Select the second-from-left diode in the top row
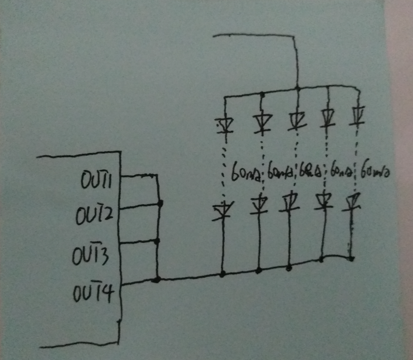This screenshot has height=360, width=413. pyautogui.click(x=261, y=122)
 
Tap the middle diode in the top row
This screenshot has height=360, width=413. pyautogui.click(x=296, y=120)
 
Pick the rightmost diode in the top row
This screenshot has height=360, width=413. pyautogui.click(x=357, y=116)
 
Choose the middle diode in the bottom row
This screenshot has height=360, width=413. pyautogui.click(x=288, y=203)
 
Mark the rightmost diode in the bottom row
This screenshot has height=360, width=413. pyautogui.click(x=352, y=201)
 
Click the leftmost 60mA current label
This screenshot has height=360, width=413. pyautogui.click(x=245, y=173)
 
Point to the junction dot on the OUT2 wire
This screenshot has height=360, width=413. pyautogui.click(x=160, y=203)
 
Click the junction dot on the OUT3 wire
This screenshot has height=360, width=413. pyautogui.click(x=157, y=241)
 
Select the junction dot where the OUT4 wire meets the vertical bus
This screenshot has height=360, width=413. pyautogui.click(x=157, y=279)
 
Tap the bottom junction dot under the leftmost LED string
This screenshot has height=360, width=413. pyautogui.click(x=222, y=274)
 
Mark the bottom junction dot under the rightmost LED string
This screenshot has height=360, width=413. pyautogui.click(x=351, y=258)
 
